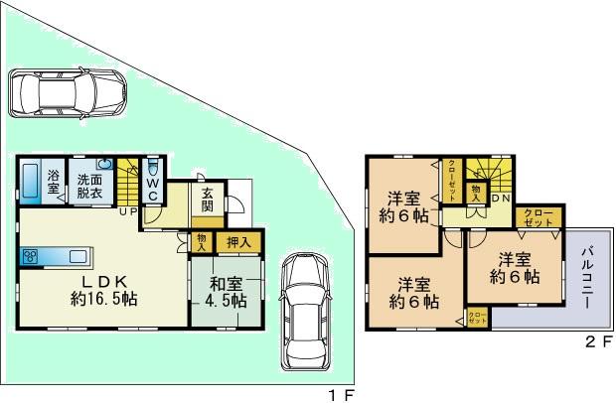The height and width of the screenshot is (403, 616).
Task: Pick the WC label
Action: click(x=153, y=187)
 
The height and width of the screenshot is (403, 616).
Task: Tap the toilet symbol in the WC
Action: click(x=152, y=167)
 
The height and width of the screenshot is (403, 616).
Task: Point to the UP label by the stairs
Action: click(x=129, y=210)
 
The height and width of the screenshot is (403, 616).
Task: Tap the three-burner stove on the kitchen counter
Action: click(x=29, y=257)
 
